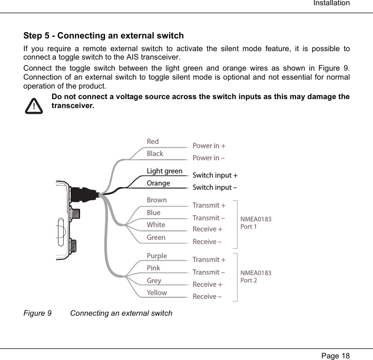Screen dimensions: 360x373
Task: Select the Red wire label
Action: tap(152, 141)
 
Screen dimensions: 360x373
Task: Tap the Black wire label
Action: tap(155, 153)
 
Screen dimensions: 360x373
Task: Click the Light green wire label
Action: tap(164, 171)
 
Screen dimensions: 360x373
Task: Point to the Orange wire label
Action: tap(158, 183)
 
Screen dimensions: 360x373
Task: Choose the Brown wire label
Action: tap(156, 200)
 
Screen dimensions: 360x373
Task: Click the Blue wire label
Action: tap(153, 212)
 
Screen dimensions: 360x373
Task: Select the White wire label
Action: tap(155, 225)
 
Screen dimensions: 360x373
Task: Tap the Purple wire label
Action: tap(156, 256)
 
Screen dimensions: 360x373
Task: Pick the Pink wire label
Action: tap(153, 268)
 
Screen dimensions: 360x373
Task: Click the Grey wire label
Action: tap(154, 280)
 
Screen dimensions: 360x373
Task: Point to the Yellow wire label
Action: tap(156, 293)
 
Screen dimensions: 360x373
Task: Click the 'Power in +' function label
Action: tap(209, 145)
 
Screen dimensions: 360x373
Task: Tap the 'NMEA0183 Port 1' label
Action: tap(256, 222)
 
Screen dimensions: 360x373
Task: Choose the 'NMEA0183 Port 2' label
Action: tap(256, 276)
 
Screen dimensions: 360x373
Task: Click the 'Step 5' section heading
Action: tap(104, 36)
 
